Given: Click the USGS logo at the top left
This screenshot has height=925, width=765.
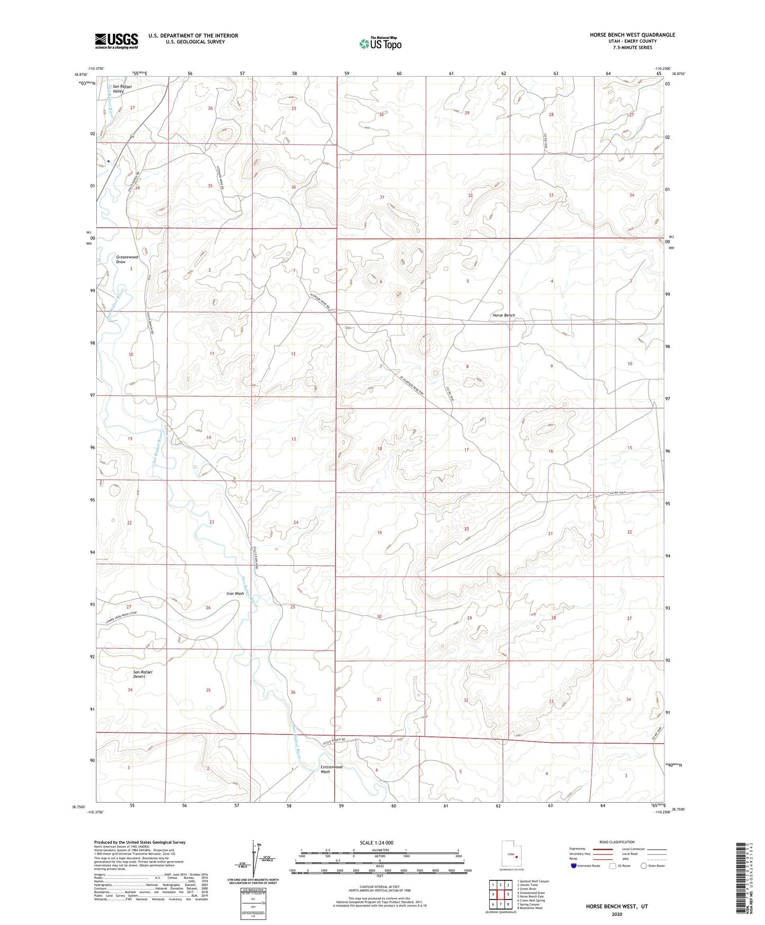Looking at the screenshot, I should pos(116,41).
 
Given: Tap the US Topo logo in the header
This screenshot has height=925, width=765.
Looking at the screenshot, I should pos(380,43).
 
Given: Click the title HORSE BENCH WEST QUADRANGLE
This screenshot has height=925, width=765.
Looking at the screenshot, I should pos(632,35).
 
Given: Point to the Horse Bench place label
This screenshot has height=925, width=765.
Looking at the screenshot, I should pos(503,315).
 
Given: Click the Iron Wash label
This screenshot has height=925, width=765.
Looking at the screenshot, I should pos(235,593).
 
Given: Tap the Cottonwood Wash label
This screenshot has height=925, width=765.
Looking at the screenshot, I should pos(331,769).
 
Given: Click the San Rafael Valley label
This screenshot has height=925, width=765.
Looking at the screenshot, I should pos(121,88).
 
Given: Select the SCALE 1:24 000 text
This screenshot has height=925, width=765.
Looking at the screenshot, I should pos(377,842).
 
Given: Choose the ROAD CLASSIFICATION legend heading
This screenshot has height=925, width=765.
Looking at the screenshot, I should pos(616,842).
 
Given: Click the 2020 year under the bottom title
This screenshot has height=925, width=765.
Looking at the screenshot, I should pos(616,914).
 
